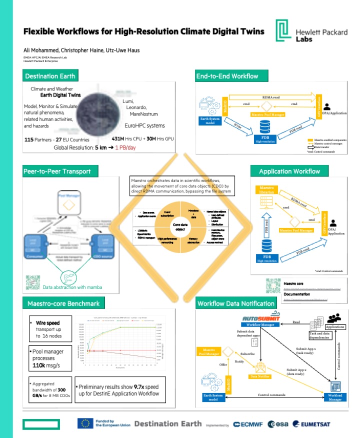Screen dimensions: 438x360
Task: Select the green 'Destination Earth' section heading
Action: [50, 76]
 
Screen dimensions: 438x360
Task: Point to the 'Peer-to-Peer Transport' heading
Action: [57, 171]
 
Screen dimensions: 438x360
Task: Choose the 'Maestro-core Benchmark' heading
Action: [60, 303]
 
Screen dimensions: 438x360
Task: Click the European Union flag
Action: [84, 423]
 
